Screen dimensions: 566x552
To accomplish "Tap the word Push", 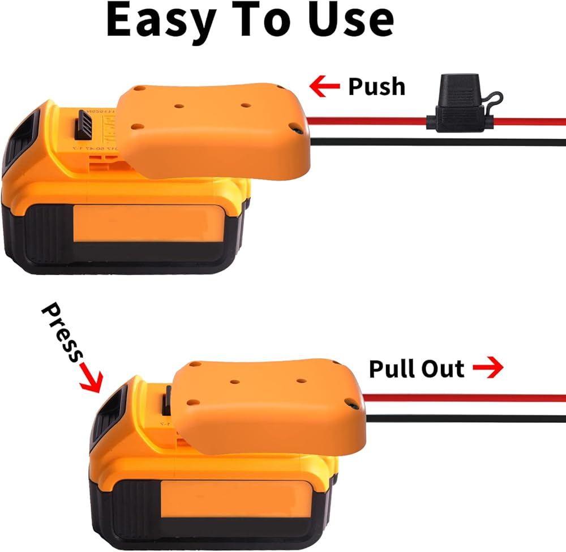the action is pyautogui.click(x=376, y=86).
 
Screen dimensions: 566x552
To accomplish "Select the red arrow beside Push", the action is pyautogui.click(x=324, y=86).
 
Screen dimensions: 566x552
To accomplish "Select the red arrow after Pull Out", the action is pyautogui.click(x=488, y=369).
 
